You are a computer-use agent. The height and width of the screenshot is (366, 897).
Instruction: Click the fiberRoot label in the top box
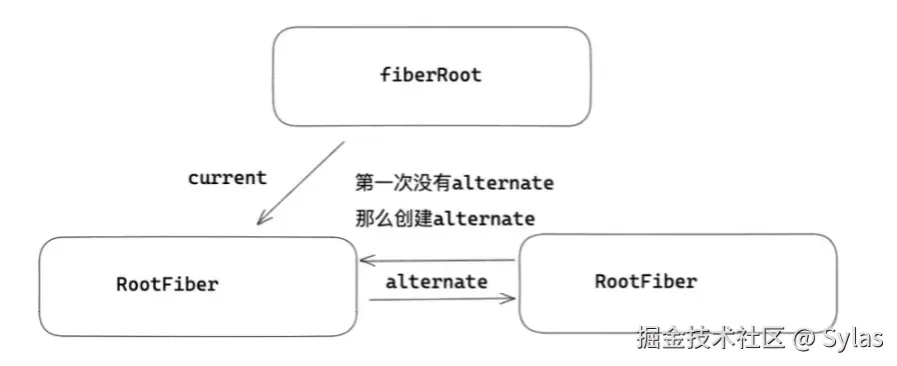pyautogui.click(x=431, y=75)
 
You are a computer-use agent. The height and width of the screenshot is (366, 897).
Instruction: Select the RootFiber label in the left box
pyautogui.click(x=167, y=284)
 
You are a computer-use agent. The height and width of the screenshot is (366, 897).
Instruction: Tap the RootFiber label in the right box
pyautogui.click(x=646, y=281)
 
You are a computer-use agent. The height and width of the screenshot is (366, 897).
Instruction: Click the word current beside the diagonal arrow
pyautogui.click(x=227, y=178)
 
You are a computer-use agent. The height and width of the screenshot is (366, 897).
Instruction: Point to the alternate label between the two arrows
pyautogui.click(x=437, y=282)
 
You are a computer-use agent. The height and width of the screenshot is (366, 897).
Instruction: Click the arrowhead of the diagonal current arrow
pyautogui.click(x=262, y=218)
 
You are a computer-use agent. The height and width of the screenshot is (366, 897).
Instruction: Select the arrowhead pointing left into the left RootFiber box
pyautogui.click(x=367, y=261)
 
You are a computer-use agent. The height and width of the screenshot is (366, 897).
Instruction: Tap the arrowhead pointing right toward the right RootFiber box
pyautogui.click(x=508, y=298)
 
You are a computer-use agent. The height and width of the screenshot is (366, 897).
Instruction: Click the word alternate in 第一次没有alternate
pyautogui.click(x=502, y=183)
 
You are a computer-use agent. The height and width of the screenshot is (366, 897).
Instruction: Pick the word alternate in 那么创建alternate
pyautogui.click(x=484, y=219)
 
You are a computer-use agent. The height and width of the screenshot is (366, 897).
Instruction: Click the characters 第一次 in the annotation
pyautogui.click(x=384, y=183)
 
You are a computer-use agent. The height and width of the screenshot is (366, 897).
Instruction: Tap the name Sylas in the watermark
pyautogui.click(x=853, y=339)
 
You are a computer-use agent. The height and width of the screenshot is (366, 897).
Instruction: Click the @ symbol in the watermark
pyautogui.click(x=804, y=339)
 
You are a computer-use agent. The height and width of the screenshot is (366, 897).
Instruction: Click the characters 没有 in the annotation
pyautogui.click(x=433, y=183)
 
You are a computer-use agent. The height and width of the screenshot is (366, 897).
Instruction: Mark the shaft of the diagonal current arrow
pyautogui.click(x=302, y=181)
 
